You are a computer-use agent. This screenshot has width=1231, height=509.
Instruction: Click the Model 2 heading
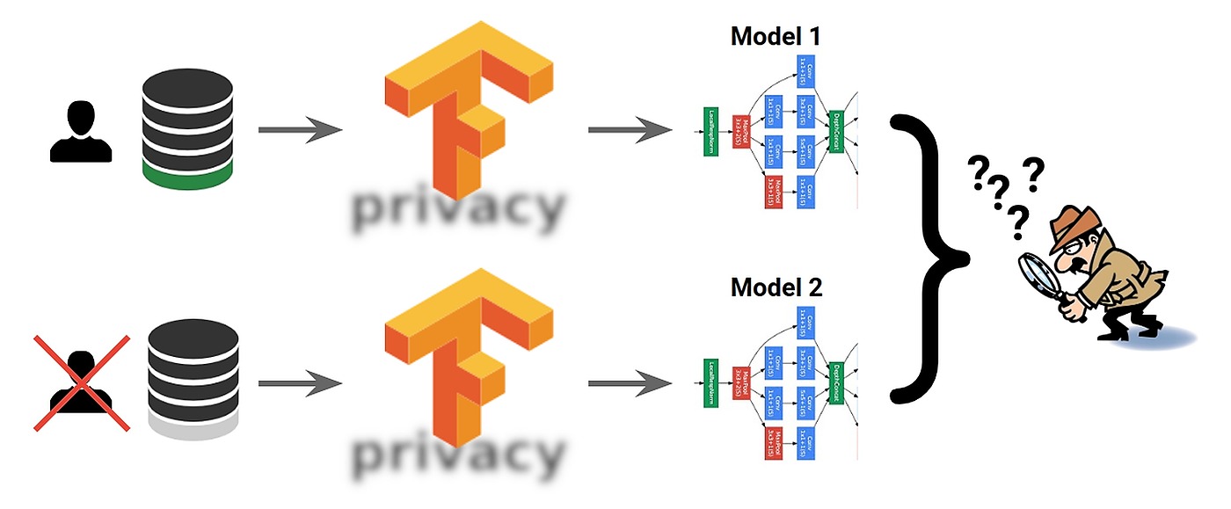click(x=776, y=287)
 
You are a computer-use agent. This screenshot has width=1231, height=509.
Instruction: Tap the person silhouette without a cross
click(x=81, y=132)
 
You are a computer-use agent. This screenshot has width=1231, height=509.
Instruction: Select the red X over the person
click(x=82, y=382)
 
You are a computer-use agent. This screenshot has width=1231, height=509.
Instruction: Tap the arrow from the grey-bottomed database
click(x=299, y=383)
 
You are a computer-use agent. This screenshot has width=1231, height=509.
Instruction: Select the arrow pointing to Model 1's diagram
click(x=630, y=131)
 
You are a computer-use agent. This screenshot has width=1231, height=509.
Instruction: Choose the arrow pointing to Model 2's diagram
click(x=630, y=383)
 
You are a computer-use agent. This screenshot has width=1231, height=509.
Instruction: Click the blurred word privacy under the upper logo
click(x=457, y=209)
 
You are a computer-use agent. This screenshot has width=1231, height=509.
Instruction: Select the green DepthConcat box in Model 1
click(x=837, y=132)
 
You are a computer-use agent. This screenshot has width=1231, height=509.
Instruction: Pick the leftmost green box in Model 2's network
click(x=711, y=384)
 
